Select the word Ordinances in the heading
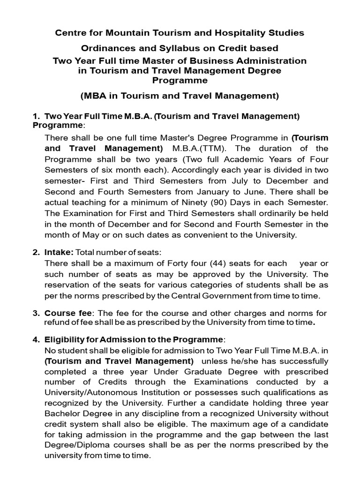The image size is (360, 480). point(106,48)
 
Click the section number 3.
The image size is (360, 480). point(36,313)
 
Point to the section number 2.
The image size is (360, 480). point(36,252)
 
